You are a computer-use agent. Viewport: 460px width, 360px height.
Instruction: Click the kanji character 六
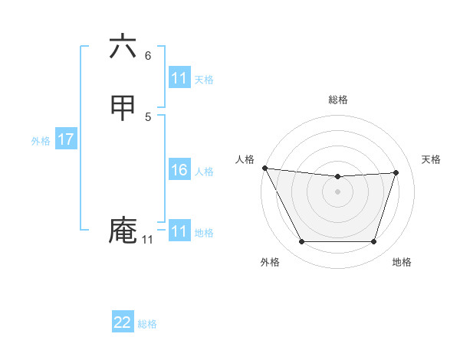[x=123, y=47]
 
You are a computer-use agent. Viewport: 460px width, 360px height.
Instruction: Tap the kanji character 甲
[x=123, y=107]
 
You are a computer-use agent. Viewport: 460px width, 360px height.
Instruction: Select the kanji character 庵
[x=123, y=231]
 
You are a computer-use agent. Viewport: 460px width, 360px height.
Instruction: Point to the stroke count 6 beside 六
[x=148, y=56]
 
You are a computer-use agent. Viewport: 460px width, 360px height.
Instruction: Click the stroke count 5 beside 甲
[x=148, y=116]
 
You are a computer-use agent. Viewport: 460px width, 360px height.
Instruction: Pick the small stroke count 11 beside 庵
[x=147, y=240]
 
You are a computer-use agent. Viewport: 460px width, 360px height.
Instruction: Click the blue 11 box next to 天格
[x=179, y=78]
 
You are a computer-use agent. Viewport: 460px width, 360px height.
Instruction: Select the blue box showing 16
[x=179, y=170]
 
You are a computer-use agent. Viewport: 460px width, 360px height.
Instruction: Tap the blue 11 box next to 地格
[x=179, y=231]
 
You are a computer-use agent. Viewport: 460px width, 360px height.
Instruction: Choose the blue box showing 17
[x=66, y=139]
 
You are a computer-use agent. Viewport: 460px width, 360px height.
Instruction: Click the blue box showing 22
[x=123, y=322]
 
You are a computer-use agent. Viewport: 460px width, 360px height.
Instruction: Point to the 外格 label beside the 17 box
[x=41, y=141]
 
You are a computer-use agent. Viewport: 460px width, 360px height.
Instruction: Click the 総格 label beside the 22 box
[x=147, y=324]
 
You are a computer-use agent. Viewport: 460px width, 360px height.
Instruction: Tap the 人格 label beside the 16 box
[x=204, y=172]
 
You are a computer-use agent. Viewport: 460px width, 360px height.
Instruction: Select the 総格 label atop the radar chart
[x=338, y=100]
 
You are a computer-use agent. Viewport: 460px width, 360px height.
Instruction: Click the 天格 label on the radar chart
[x=432, y=159]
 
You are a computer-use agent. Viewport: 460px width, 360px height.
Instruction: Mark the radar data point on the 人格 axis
[x=264, y=168]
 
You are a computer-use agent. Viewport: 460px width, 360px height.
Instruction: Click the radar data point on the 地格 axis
[x=373, y=242]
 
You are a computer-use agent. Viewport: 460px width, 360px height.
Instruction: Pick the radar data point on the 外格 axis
[x=301, y=242]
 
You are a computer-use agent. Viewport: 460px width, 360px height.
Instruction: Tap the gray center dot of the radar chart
[x=337, y=191]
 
